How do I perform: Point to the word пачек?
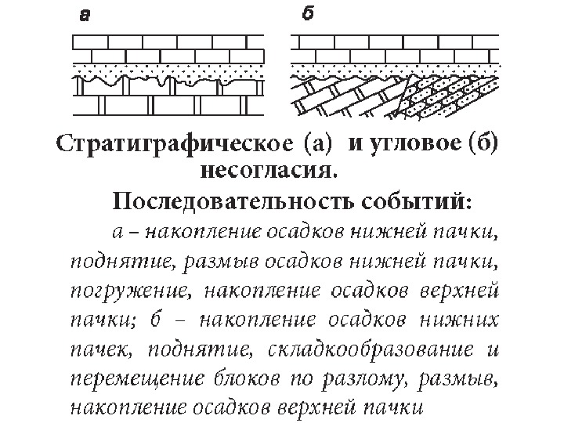[97, 349]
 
